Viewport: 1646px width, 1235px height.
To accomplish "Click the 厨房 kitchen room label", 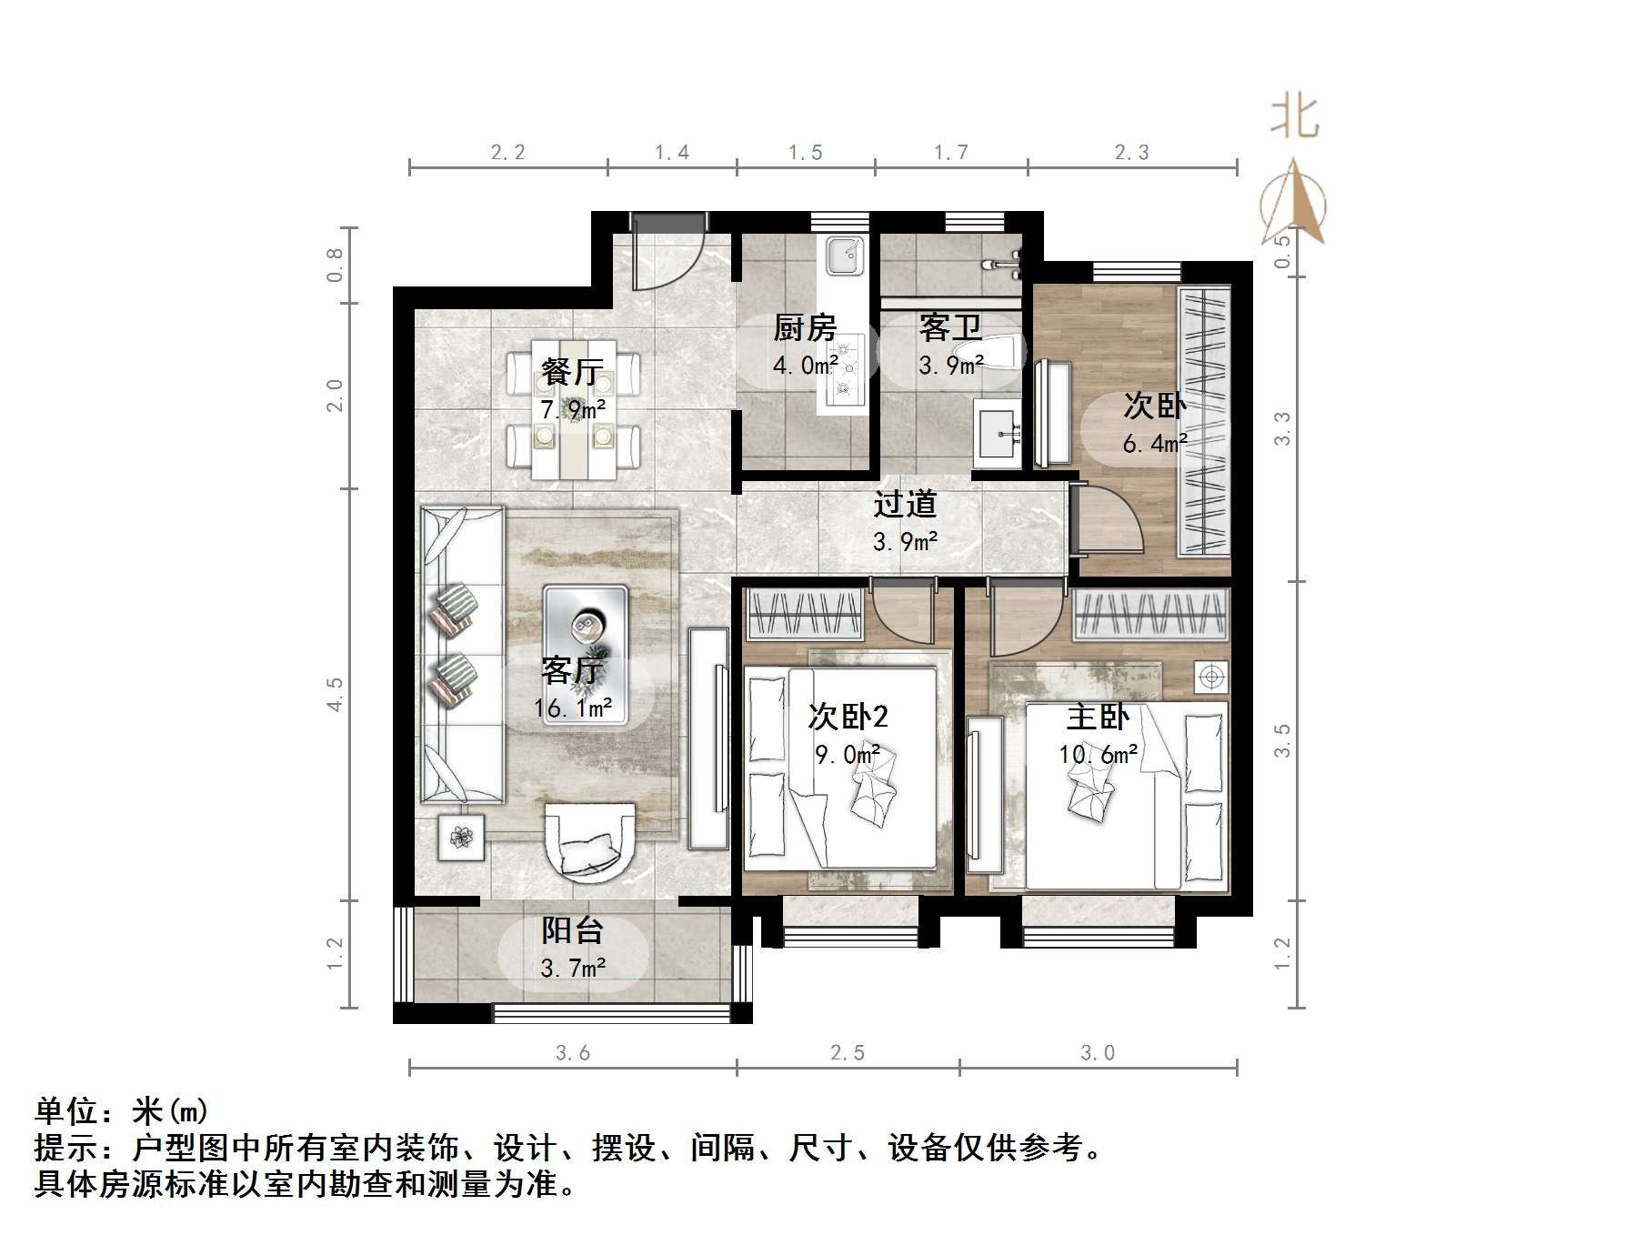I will (804, 327).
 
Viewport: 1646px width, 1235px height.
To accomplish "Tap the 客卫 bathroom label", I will (950, 327).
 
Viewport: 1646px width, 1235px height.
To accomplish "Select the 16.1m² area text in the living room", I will (573, 708).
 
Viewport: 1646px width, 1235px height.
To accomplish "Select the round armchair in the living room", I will (589, 840).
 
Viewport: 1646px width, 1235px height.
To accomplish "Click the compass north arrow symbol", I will (1294, 205).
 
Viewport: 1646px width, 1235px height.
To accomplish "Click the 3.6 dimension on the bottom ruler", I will (573, 1053).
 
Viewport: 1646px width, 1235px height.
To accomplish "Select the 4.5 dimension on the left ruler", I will (336, 694).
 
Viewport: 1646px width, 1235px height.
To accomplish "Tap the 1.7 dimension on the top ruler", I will (951, 153).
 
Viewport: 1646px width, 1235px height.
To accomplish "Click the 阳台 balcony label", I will (573, 930).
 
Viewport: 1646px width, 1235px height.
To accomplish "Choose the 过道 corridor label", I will (905, 504).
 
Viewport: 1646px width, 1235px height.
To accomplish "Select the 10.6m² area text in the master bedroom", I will (1098, 755).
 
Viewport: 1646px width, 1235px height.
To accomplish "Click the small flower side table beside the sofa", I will (461, 837).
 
